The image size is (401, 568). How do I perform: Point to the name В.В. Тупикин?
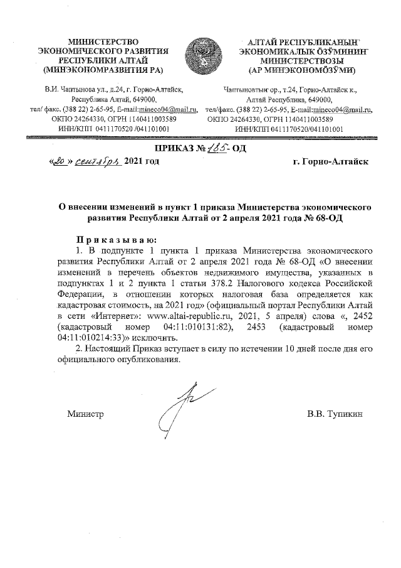[335, 414]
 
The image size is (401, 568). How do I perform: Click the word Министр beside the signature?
[85, 414]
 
